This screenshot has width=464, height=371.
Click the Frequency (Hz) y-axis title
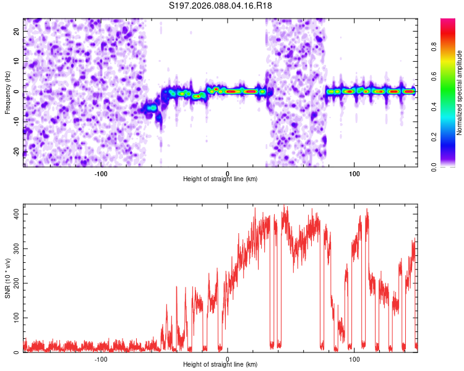point(7,92)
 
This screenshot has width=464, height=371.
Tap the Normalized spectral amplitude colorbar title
point(460,93)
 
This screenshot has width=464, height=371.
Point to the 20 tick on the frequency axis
point(17,30)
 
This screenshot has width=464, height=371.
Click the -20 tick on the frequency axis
point(16,152)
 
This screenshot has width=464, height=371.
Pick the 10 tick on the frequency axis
point(17,61)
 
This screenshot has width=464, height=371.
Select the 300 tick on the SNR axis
point(15,249)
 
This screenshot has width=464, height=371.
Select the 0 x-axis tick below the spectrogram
point(228,173)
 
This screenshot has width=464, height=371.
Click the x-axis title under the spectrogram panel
point(220,179)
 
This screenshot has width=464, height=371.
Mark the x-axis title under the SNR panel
point(220,365)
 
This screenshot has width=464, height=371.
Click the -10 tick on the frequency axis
point(16,122)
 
